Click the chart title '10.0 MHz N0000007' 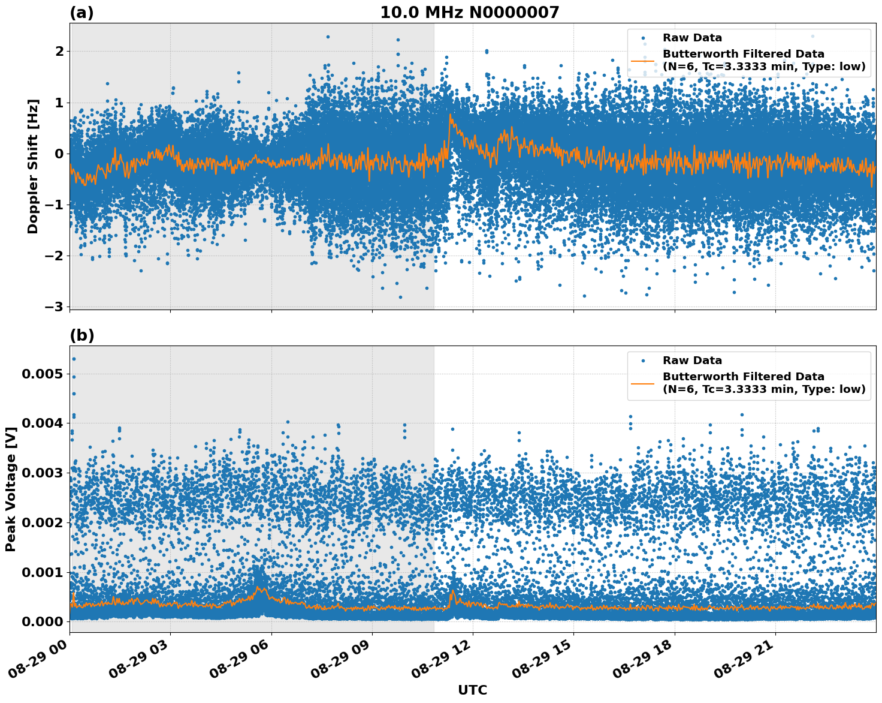pos(469,13)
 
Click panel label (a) pos(81,13)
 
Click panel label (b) pos(81,335)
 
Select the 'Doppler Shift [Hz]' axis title pos(33,166)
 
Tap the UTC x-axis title pos(472,690)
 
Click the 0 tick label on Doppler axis pos(59,154)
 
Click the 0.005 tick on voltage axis pos(42,374)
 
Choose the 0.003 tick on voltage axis pos(42,473)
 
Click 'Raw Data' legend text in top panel pos(692,38)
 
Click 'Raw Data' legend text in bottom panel pos(692,360)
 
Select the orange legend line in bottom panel pos(644,383)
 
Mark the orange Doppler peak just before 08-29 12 pos(450,115)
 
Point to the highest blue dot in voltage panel pos(74,359)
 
